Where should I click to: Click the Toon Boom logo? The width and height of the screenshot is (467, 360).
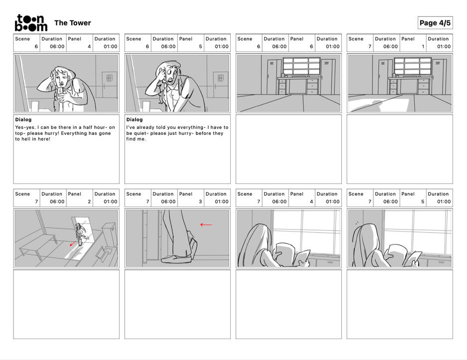31,22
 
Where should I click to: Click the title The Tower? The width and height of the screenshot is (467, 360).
73,23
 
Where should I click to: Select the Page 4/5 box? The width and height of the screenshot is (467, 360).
435,23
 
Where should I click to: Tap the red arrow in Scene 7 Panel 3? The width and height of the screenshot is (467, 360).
206,225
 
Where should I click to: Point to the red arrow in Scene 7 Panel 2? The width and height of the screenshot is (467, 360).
72,243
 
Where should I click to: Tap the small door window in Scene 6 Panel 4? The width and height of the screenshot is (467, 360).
109,78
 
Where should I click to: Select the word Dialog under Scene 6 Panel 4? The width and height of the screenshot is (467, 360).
23,120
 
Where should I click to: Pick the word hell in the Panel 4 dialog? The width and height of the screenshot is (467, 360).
26,139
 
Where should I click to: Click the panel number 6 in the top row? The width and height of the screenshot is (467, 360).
311,46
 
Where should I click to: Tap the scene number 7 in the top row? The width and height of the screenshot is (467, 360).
370,46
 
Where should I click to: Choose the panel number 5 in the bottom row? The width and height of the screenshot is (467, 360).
423,202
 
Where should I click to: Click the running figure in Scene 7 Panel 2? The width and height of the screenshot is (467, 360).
80,234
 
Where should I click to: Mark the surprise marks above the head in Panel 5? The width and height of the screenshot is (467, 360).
357,223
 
